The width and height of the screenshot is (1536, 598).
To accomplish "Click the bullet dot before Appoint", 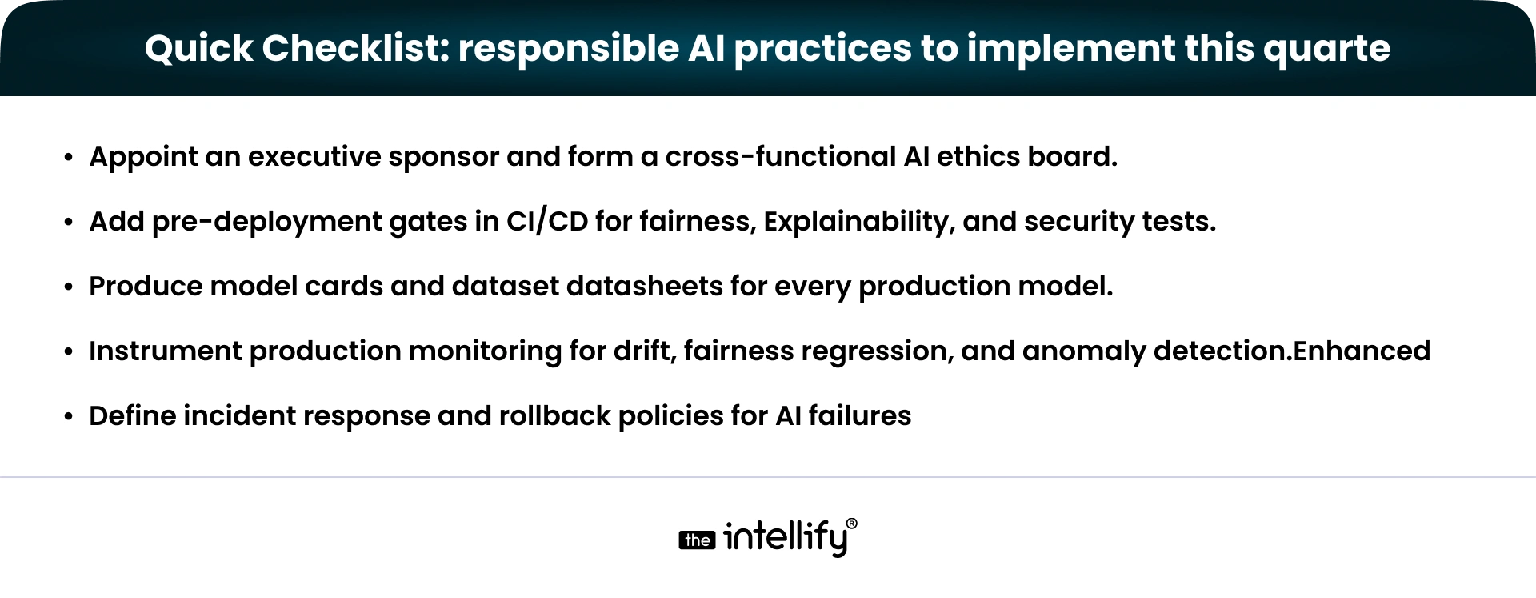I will (x=69, y=157).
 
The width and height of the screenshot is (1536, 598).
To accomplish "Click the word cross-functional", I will (x=780, y=156).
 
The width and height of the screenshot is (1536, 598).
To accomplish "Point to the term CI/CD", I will (x=546, y=222).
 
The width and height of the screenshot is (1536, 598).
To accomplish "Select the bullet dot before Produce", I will (x=69, y=287).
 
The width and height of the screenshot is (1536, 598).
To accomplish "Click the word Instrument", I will (x=165, y=351).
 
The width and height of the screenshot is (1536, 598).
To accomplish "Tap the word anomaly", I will (x=1084, y=352).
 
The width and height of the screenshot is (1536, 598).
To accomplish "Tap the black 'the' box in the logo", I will (x=697, y=540).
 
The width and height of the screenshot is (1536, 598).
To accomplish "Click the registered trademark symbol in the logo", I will (x=851, y=524).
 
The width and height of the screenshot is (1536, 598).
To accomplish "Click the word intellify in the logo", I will (x=784, y=538).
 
